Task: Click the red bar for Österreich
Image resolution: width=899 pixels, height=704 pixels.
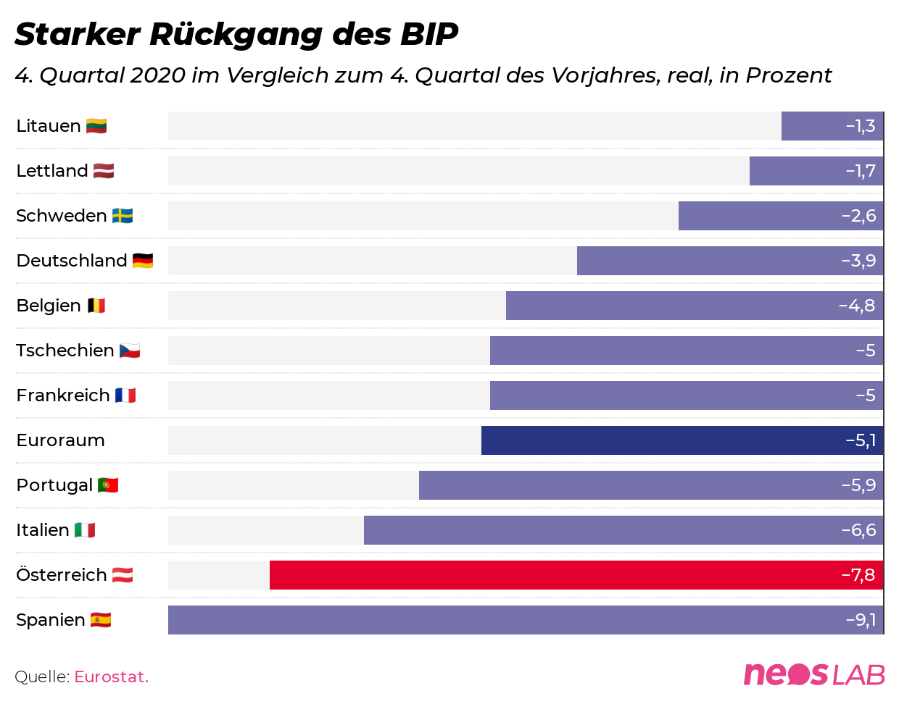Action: pyautogui.click(x=576, y=575)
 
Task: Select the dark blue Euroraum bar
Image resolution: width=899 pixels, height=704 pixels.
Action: pyautogui.click(x=681, y=440)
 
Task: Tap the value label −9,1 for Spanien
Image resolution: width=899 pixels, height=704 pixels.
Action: pyautogui.click(x=861, y=620)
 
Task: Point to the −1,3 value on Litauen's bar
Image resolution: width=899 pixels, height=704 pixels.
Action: pyautogui.click(x=861, y=126)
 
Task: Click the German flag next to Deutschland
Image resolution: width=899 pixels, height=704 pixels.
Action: pyautogui.click(x=143, y=261)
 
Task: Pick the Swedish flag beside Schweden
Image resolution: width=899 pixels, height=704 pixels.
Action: pyautogui.click(x=123, y=216)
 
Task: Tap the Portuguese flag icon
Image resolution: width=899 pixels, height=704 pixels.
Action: pyautogui.click(x=108, y=485)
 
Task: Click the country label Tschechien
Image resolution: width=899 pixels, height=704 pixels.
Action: pyautogui.click(x=65, y=351)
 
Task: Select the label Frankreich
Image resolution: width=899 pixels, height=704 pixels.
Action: pyautogui.click(x=63, y=395)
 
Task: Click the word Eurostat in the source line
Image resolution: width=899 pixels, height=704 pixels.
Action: pyautogui.click(x=111, y=677)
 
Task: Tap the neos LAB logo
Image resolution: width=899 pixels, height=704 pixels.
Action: pyautogui.click(x=813, y=674)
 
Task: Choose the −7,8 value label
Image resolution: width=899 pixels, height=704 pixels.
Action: pyautogui.click(x=858, y=575)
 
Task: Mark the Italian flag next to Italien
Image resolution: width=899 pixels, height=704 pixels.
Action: pyautogui.click(x=85, y=530)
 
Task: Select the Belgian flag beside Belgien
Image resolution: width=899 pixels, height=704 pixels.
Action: pyautogui.click(x=96, y=306)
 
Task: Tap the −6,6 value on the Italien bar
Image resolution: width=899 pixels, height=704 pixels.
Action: pyautogui.click(x=858, y=530)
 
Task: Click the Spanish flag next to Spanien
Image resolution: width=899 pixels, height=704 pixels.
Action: pyautogui.click(x=101, y=620)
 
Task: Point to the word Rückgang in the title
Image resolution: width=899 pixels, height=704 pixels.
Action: pyautogui.click(x=236, y=34)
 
